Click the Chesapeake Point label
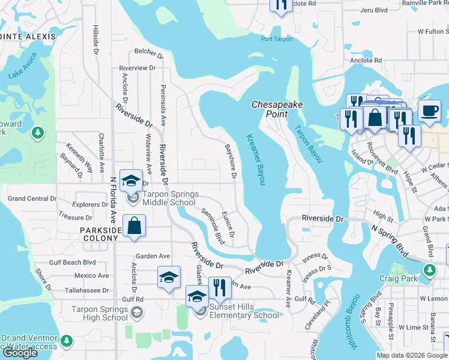(277, 109)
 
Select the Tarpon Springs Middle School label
(166, 198)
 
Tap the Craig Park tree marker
(429, 271)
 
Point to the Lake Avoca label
(23, 66)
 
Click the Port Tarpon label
(277, 39)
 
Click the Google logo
(20, 353)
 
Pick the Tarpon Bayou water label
(307, 144)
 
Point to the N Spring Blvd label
(394, 237)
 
